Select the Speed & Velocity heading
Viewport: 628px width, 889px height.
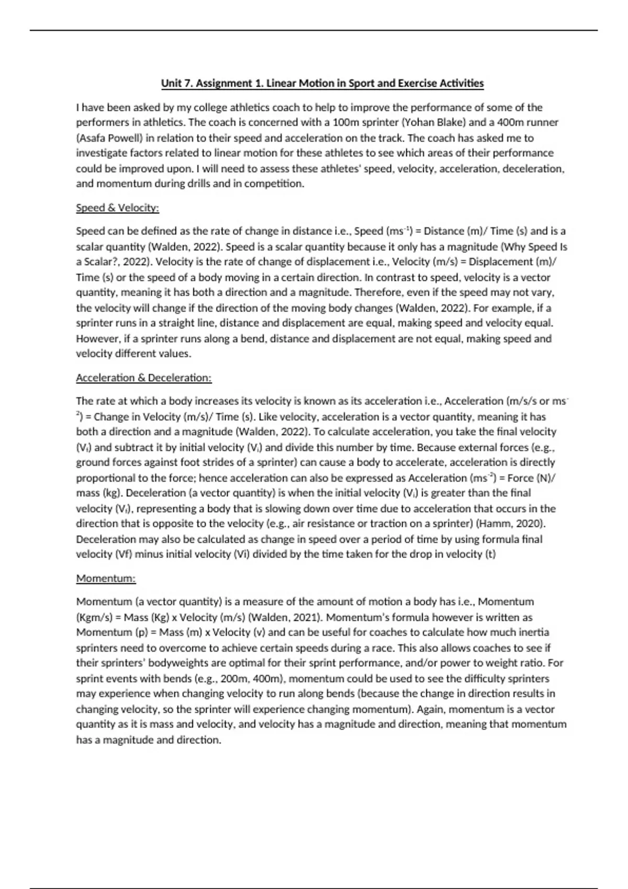(x=117, y=208)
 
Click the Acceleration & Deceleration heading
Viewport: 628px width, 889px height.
(x=143, y=378)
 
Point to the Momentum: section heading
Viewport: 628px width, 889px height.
(x=106, y=578)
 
